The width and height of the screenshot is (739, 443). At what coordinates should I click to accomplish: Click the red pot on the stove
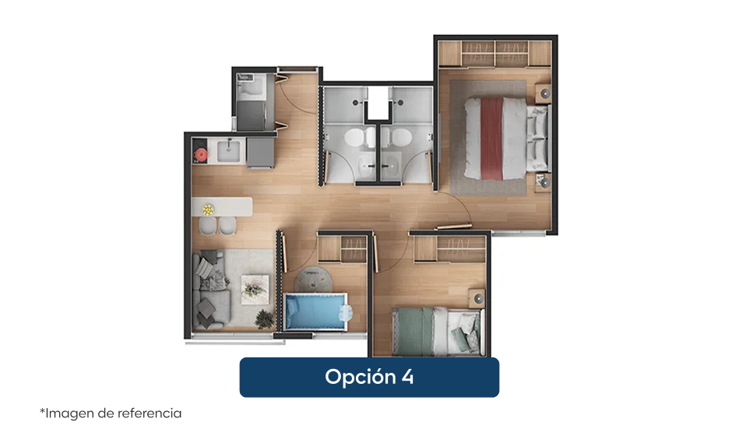(x=201, y=155)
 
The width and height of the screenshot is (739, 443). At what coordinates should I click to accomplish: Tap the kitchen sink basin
(x=229, y=151)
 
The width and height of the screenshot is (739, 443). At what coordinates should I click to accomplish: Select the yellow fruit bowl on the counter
(x=209, y=209)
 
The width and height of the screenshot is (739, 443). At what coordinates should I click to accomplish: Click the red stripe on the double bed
(x=491, y=139)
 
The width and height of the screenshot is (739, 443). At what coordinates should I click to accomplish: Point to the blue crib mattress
(x=315, y=311)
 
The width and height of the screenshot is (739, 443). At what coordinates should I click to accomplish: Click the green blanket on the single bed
(x=414, y=332)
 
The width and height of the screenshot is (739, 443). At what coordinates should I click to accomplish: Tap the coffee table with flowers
(x=255, y=290)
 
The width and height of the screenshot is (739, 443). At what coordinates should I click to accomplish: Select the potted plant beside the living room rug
(x=265, y=319)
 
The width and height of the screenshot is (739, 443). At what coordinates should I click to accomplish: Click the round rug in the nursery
(x=313, y=280)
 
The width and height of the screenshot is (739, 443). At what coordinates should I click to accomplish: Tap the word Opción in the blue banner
(x=361, y=377)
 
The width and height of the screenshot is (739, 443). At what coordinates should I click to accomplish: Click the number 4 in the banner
(x=408, y=377)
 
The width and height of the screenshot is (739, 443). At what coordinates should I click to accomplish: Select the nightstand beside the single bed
(x=477, y=298)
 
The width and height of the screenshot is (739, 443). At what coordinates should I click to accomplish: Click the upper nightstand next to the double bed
(x=544, y=93)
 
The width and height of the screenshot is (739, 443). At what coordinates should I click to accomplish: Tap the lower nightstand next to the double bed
(x=544, y=183)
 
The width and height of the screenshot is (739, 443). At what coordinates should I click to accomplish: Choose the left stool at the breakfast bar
(x=208, y=225)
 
